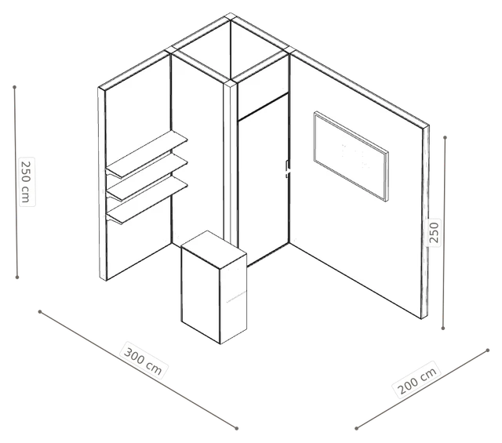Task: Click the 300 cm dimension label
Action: point(143,361)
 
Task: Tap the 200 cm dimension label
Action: point(417,380)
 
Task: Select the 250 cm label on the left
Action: point(26,181)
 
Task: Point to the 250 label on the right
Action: point(434,232)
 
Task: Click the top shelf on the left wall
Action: point(147,154)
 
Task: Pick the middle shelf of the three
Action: point(147,176)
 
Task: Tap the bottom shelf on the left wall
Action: point(147,200)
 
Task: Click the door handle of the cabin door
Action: point(288,169)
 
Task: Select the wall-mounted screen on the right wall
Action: point(351,156)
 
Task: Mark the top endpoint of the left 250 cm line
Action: point(14,87)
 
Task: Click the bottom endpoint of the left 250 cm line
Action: point(17,278)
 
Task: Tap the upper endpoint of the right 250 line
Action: point(445,138)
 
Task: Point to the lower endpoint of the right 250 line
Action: point(443,329)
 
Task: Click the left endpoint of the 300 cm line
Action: point(40,311)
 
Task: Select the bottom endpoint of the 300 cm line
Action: point(237,428)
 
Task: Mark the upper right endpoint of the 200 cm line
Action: point(488,350)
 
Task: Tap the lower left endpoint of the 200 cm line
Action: point(356,428)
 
